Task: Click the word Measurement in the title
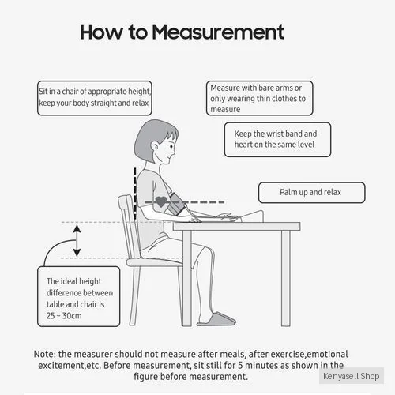click(x=218, y=32)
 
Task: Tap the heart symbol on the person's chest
click(x=160, y=201)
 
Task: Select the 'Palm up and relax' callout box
click(x=312, y=193)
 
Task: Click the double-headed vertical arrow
click(x=77, y=240)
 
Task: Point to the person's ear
click(x=155, y=146)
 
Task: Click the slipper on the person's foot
click(x=216, y=319)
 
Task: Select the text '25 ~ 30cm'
click(x=64, y=315)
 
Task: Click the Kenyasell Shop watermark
click(x=352, y=376)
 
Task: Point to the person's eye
click(x=171, y=146)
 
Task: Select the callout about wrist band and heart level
click(x=277, y=140)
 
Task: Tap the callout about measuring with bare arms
click(x=260, y=98)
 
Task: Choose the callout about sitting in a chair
click(x=95, y=98)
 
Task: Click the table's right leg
click(x=286, y=278)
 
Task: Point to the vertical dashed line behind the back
click(x=135, y=194)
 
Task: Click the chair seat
click(x=155, y=262)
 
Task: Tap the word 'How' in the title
click(x=101, y=32)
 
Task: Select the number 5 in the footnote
click(x=240, y=366)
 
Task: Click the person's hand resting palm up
click(x=227, y=216)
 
